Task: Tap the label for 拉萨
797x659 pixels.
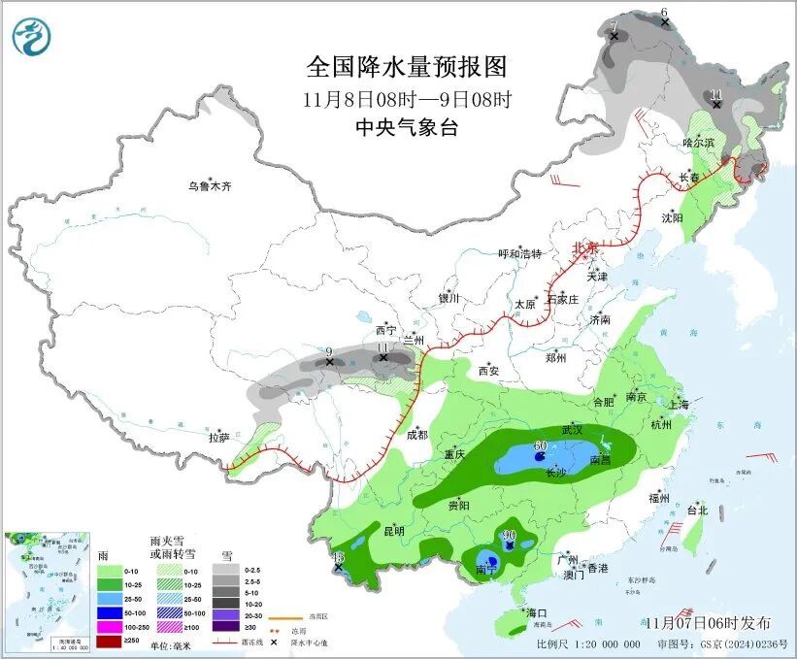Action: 219,438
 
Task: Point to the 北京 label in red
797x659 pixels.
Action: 585,248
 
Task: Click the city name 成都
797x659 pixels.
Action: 417,436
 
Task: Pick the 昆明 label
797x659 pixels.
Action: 393,531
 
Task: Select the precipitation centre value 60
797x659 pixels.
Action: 540,445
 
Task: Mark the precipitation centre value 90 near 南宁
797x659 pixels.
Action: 508,536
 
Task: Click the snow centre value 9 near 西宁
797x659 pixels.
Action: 329,351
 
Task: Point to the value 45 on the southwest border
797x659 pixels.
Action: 338,556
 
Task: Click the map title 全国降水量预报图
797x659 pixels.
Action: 407,67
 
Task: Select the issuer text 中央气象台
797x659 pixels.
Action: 407,128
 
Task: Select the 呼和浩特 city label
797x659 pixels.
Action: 520,254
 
